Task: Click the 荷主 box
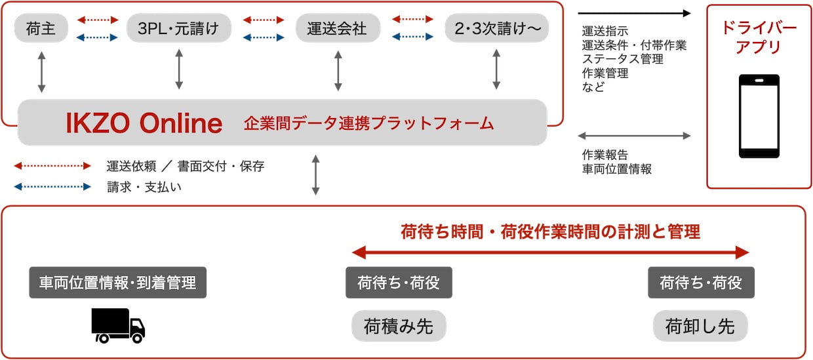pos(41,28)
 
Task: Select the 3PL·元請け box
pos(178,28)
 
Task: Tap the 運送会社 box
pos(338,28)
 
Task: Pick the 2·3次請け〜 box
pos(496,28)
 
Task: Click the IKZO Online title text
pos(144,123)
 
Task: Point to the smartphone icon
pos(759,116)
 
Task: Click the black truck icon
pos(118,325)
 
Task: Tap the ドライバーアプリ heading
pos(759,37)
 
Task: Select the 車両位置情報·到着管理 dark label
pos(117,283)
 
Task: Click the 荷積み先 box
pos(399,325)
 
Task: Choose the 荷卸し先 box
pos(700,325)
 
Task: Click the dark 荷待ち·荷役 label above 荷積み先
pos(399,283)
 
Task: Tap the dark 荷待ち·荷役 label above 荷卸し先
pos(701,283)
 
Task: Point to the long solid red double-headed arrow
pos(551,252)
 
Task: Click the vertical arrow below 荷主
pos(42,72)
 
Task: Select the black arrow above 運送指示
pos(634,13)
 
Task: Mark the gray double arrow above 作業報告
pos(634,136)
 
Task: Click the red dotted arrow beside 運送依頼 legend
pos(52,166)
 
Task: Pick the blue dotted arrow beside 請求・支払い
pos(52,186)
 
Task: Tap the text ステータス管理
pos(622,59)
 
